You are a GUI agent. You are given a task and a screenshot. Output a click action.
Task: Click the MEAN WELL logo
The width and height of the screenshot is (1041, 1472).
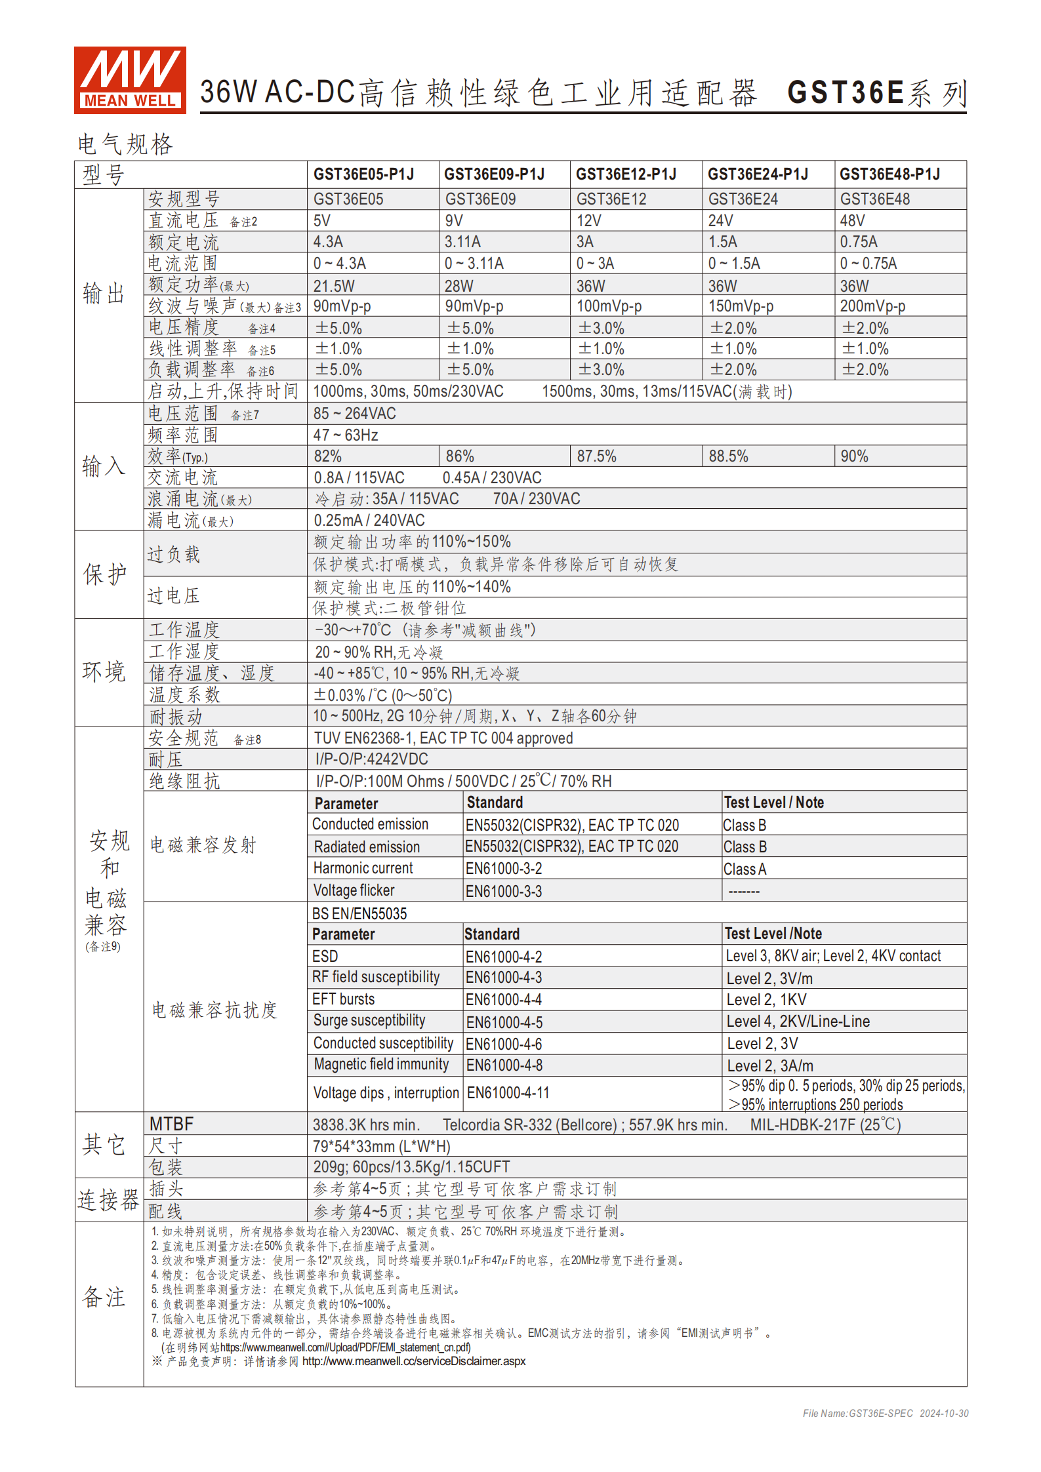tap(130, 80)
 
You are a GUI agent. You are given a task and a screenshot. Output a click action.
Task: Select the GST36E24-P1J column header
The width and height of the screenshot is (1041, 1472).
tap(758, 174)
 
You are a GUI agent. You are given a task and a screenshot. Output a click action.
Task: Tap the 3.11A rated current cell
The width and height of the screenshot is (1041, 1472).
tap(462, 242)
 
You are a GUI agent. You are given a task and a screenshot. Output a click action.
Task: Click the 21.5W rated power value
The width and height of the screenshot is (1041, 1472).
tap(334, 286)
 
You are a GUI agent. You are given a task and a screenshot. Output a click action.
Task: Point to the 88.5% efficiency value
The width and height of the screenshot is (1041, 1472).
tap(728, 456)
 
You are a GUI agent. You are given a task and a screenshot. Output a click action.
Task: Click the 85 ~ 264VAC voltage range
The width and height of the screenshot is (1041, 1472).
tap(354, 414)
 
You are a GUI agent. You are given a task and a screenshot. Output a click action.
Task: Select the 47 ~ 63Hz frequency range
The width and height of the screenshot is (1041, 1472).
tap(345, 435)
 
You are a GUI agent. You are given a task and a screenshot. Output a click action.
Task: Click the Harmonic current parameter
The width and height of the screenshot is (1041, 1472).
tap(363, 869)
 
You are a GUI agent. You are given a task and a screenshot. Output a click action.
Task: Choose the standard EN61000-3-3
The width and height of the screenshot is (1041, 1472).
tap(504, 891)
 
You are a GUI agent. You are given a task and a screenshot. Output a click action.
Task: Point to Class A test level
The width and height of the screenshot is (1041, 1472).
tap(745, 869)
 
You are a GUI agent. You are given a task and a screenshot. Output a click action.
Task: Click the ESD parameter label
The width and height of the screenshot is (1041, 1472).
tap(325, 957)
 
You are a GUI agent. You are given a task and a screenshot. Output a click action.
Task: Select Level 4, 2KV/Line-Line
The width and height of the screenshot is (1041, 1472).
tap(798, 1022)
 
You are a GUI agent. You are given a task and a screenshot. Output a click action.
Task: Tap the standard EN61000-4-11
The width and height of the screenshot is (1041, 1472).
tap(508, 1093)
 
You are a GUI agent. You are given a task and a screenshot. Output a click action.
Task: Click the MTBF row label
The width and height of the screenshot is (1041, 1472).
tap(171, 1124)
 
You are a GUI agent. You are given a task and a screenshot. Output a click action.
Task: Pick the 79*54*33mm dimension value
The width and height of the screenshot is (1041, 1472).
tap(381, 1147)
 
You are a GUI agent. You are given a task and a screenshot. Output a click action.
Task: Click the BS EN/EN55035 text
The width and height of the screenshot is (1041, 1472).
tap(359, 913)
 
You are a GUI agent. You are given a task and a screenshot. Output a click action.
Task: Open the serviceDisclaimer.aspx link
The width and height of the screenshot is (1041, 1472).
tap(413, 1361)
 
